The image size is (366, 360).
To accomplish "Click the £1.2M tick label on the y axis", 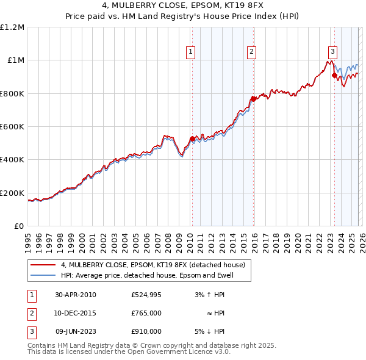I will tap(12, 27).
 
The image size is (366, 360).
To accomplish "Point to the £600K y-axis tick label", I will tap(12, 127).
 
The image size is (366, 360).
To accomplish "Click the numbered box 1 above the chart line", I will tap(191, 52).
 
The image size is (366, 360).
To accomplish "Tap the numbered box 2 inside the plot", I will tap(251, 52).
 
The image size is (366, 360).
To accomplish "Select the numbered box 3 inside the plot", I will tap(332, 52).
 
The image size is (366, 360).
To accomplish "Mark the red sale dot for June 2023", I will tap(334, 76).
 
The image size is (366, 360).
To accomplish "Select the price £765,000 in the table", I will tap(146, 313).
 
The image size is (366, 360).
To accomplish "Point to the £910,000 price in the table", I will tap(146, 331).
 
